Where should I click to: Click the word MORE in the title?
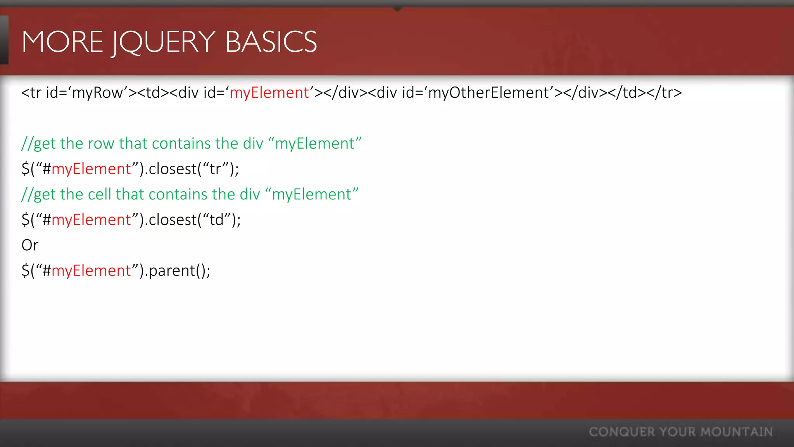(x=62, y=42)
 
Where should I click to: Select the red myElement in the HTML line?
(x=269, y=93)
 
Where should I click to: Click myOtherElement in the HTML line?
(x=488, y=93)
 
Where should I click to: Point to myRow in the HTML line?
(x=97, y=93)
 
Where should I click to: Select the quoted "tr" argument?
(x=215, y=169)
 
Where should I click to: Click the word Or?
(x=30, y=245)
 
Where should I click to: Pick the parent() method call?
(x=179, y=271)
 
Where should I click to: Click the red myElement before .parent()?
(x=91, y=271)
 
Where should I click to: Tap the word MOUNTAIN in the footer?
(x=737, y=432)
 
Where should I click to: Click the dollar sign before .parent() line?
(x=26, y=271)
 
